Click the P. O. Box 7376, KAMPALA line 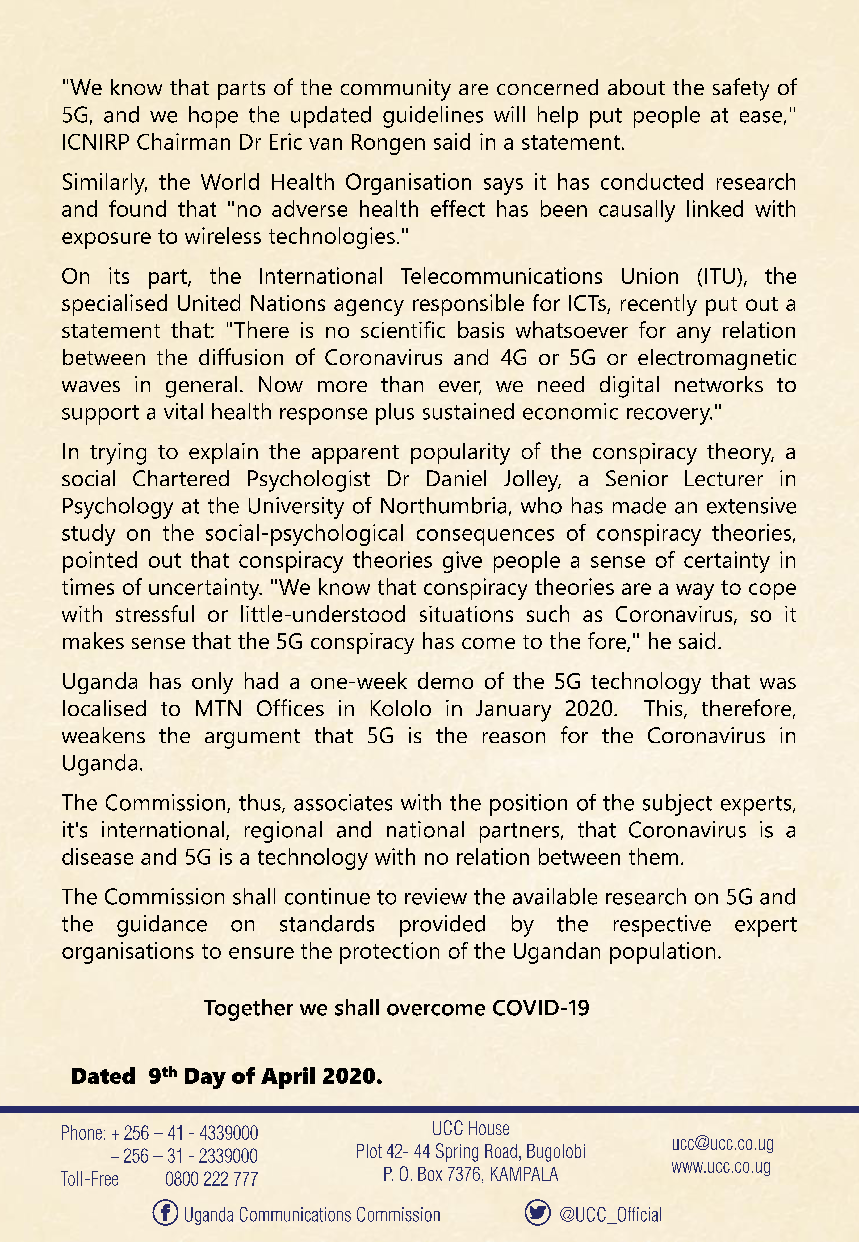click(470, 1174)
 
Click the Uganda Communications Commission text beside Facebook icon click(312, 1214)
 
